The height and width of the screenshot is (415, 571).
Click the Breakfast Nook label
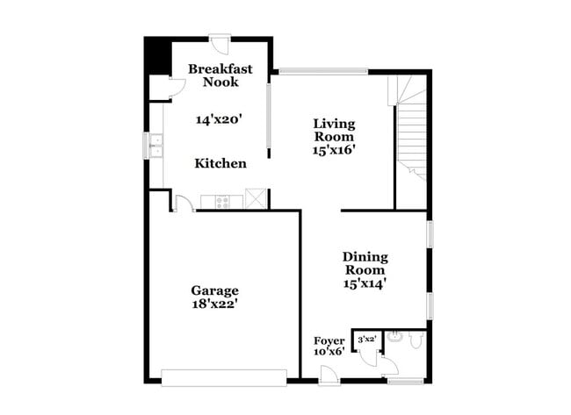pos(220,75)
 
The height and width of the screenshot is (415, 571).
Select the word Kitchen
pos(220,163)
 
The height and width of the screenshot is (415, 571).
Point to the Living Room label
pos(334,130)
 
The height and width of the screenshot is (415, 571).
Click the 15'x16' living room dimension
pos(334,149)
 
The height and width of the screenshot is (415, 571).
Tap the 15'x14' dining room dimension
pos(365,283)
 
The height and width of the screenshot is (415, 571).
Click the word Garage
pos(215,290)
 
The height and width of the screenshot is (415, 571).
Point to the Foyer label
pos(329,340)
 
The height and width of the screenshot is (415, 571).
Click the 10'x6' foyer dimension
pos(329,352)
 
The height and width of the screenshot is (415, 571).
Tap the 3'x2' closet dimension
pos(366,338)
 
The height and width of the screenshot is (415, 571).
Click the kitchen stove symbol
pos(222,203)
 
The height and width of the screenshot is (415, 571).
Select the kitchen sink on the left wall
pos(155,146)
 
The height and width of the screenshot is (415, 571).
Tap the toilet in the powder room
pos(395,336)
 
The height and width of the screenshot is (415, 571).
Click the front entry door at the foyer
pos(329,376)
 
